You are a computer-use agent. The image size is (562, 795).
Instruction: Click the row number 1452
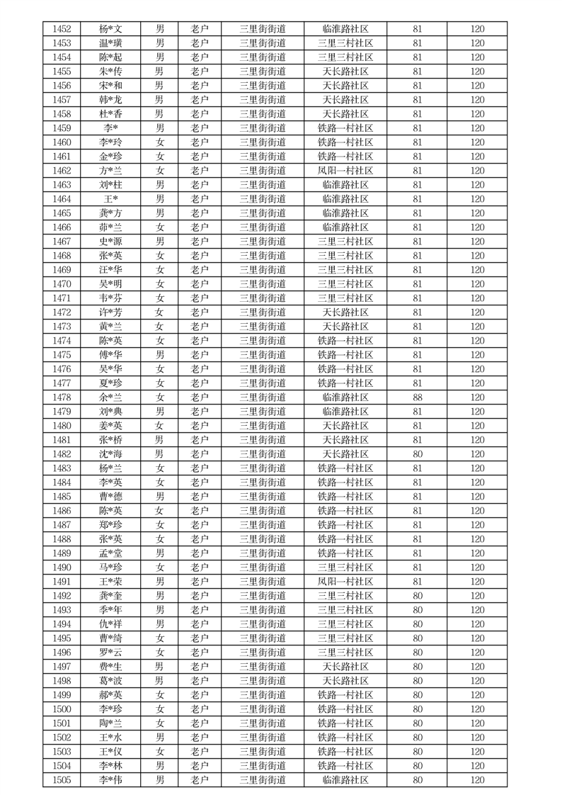62,29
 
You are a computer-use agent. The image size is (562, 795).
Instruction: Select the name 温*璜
110,43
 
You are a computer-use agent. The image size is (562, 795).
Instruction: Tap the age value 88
418,397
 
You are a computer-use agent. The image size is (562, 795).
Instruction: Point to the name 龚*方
110,213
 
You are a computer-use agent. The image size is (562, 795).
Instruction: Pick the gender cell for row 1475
160,355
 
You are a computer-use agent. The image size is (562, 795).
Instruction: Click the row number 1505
62,780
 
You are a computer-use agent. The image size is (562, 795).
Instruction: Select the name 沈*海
110,454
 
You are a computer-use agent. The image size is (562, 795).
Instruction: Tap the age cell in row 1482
418,454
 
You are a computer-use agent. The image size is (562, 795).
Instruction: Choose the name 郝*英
110,695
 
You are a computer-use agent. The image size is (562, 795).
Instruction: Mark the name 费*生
110,667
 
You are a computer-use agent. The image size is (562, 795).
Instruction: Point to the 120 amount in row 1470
478,284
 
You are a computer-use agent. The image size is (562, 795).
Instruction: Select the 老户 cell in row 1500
200,709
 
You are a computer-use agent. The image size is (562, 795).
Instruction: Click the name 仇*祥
110,624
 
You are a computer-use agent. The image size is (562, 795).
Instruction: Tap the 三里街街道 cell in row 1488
263,539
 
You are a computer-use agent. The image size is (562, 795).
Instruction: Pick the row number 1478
62,397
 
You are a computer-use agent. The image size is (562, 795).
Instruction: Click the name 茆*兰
110,227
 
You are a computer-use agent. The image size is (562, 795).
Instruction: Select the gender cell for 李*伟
160,780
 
